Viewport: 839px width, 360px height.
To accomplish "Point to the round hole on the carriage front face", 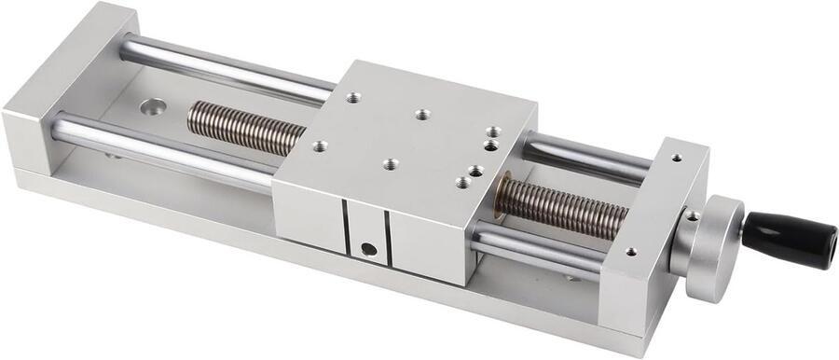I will click(x=368, y=249).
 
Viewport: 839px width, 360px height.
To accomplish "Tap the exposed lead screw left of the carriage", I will click(x=246, y=127).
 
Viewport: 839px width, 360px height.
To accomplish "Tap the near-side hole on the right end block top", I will click(x=631, y=251).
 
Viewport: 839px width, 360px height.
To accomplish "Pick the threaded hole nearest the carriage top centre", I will click(x=422, y=114).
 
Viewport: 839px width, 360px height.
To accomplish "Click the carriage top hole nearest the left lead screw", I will click(x=320, y=145).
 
